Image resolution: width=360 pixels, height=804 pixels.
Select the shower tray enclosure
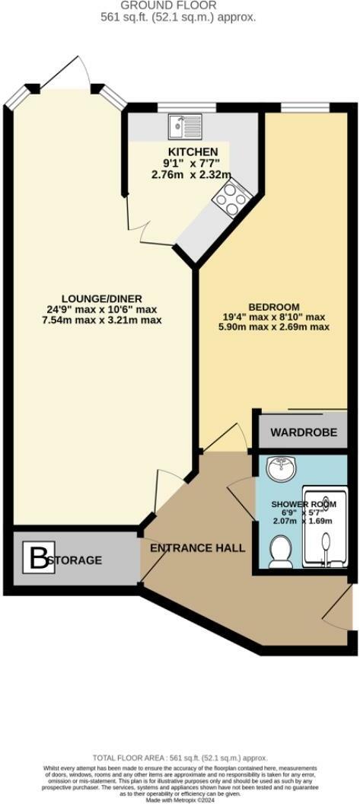tap(326, 525)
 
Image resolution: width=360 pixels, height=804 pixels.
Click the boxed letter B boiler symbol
tap(37, 560)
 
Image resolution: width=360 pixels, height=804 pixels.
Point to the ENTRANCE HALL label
tap(197, 548)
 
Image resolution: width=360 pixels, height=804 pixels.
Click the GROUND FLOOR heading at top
tap(180, 5)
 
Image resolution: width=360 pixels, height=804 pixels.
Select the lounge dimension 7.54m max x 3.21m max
tap(103, 320)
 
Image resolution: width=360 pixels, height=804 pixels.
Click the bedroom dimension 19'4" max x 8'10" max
tap(274, 317)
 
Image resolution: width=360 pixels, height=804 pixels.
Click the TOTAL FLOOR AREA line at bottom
tap(180, 758)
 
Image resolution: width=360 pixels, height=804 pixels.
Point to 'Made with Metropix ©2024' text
tap(180, 799)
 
